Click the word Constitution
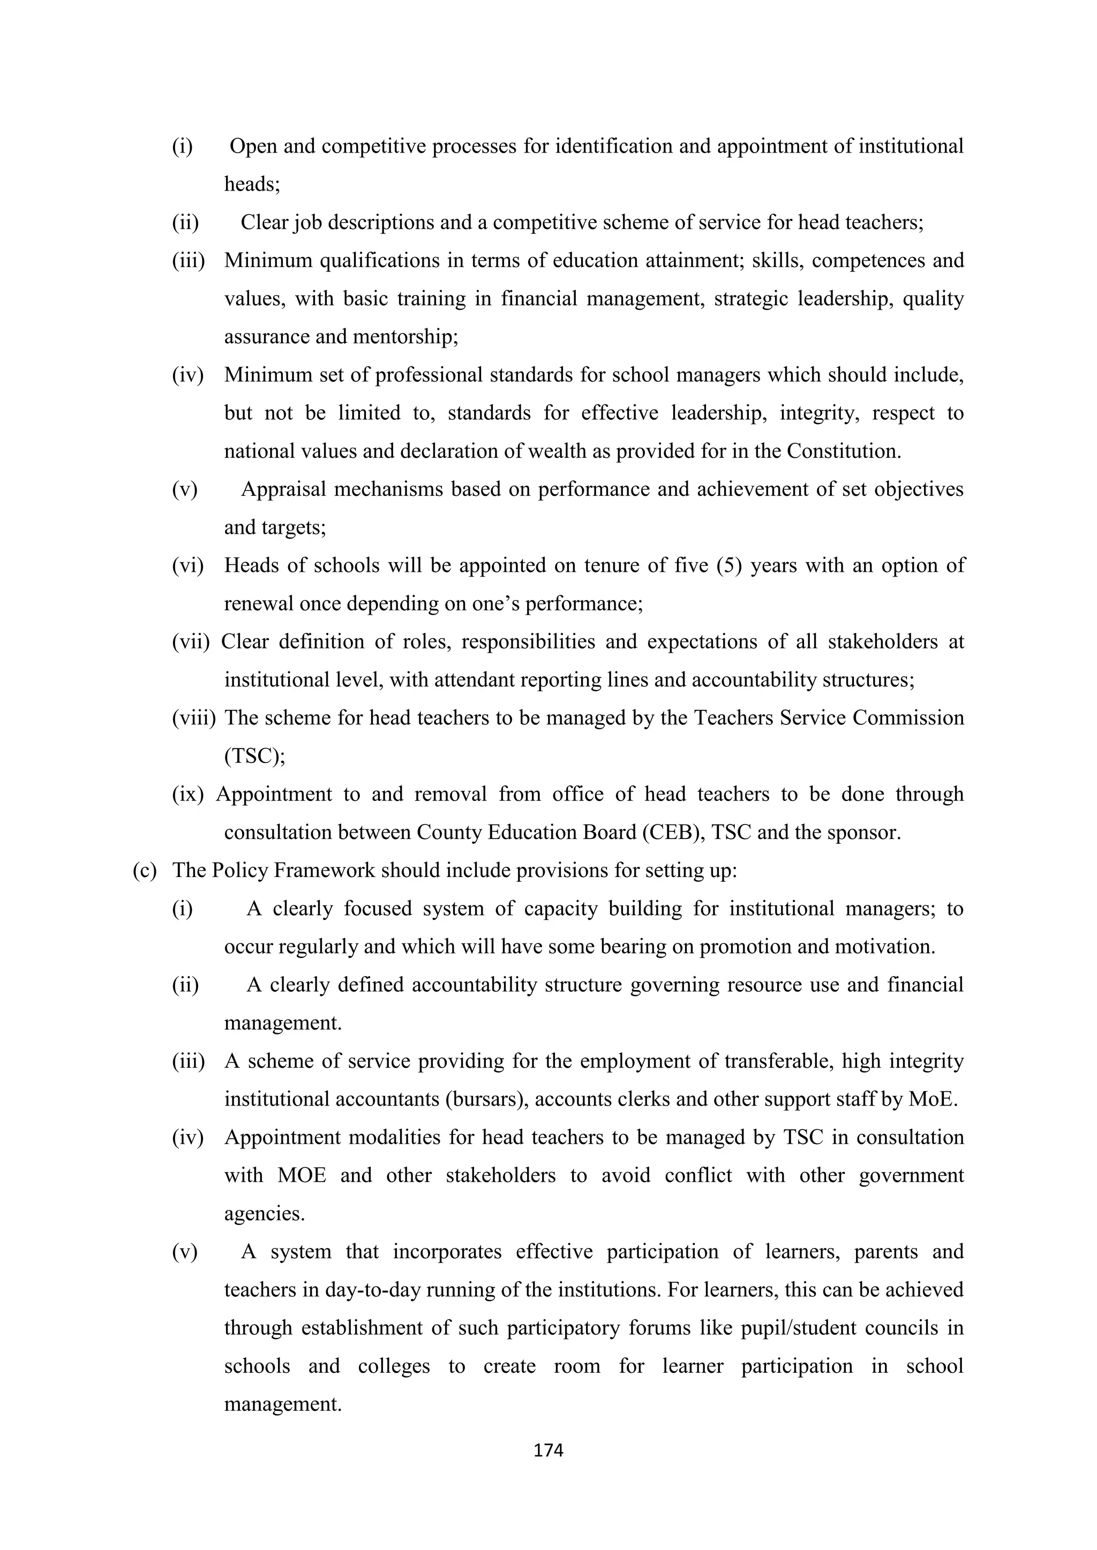[x=844, y=451]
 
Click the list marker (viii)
[x=193, y=717]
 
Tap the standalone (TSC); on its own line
[x=254, y=756]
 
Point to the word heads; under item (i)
[x=252, y=184]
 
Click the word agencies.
[x=264, y=1214]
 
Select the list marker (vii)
[x=191, y=641]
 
